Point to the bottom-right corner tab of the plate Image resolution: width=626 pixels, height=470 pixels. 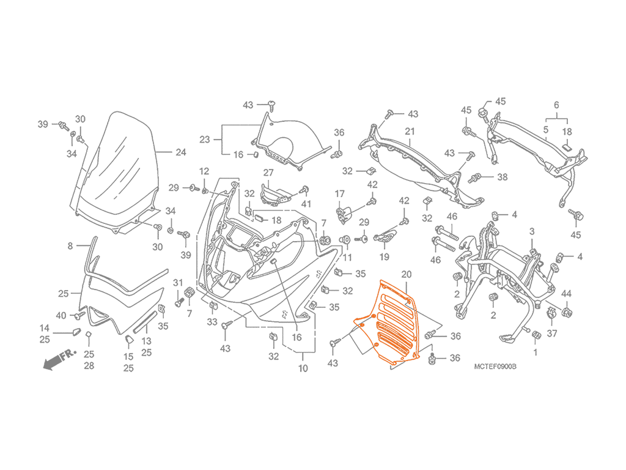point(421,356)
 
